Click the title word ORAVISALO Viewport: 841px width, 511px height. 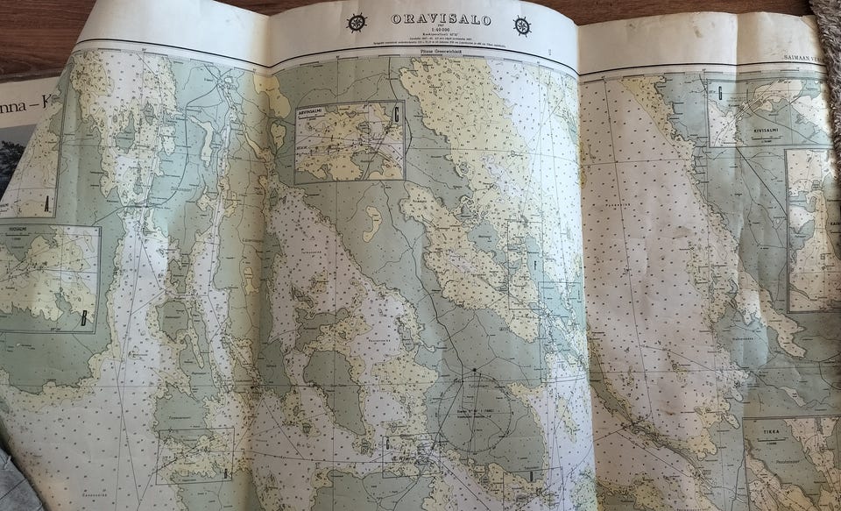[440, 19]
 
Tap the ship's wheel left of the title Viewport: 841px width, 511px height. [357, 23]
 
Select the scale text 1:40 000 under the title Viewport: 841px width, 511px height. [440, 31]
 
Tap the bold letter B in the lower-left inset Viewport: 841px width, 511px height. [84, 318]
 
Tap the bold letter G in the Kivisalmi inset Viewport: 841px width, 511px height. [719, 91]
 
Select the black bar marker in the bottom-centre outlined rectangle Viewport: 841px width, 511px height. [531, 475]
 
